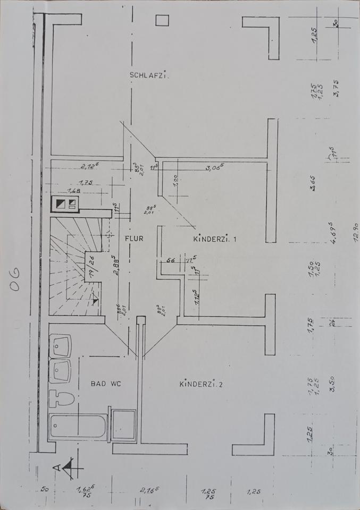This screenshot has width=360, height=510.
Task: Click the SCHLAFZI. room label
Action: [149, 75]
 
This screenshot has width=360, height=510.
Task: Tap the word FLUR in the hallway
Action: [134, 239]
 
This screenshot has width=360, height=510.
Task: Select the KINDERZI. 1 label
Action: [215, 240]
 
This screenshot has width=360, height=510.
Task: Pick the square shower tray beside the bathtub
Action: [123, 425]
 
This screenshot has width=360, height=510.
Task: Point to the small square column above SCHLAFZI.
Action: [162, 20]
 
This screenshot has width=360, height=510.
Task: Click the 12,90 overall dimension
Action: [355, 233]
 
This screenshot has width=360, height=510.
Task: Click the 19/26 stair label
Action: [91, 267]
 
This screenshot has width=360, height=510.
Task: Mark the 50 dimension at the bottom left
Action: [44, 489]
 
